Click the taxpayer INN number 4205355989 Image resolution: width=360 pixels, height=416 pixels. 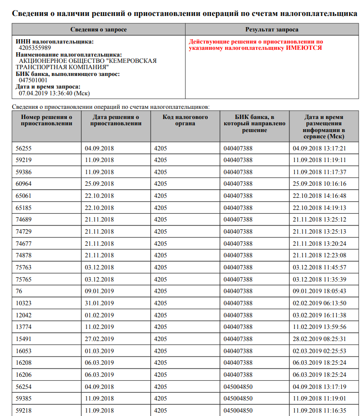(35, 48)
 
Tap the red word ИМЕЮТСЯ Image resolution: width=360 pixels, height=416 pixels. (303, 48)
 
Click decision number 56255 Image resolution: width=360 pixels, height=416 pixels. (23, 149)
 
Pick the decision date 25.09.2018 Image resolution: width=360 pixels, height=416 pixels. (99, 184)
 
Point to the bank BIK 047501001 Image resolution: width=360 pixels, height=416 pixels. (33, 80)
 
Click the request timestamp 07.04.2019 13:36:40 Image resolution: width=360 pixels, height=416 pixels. (54, 93)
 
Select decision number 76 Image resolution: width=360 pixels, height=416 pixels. (19, 291)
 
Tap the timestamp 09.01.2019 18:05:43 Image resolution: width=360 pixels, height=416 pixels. (319, 291)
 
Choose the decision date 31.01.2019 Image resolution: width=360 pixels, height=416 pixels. (99, 303)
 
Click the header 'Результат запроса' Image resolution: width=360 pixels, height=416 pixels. (272, 30)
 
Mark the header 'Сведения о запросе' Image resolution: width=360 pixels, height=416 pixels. (99, 30)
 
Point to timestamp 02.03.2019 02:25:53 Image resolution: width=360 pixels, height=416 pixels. (319, 350)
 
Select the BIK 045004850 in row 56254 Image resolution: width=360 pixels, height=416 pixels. (238, 386)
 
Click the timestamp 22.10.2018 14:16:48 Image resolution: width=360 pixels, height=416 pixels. (319, 196)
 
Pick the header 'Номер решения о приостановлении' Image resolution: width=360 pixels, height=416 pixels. (46, 120)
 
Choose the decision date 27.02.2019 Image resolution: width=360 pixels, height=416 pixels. (99, 339)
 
